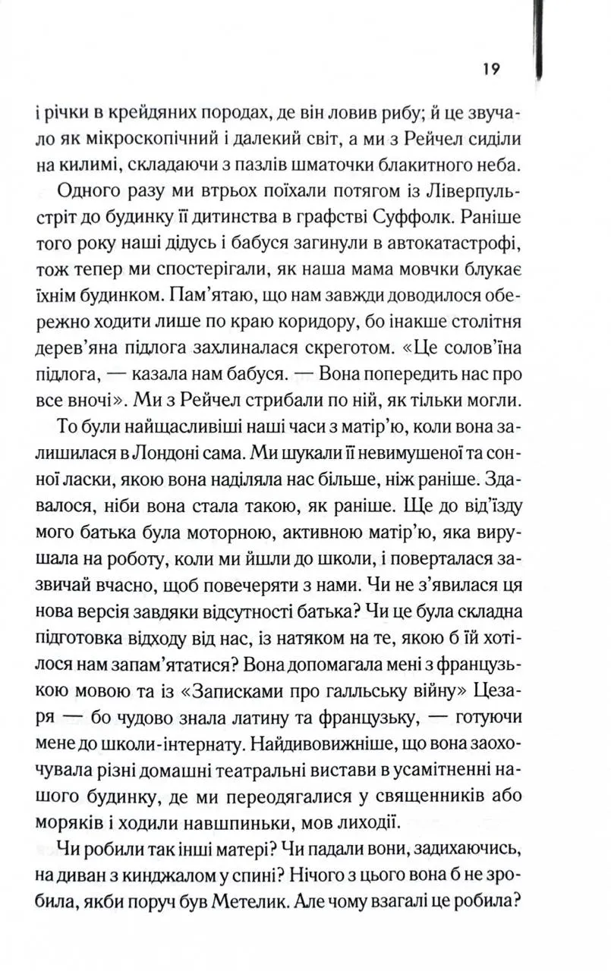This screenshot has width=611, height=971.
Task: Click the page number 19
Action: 489,70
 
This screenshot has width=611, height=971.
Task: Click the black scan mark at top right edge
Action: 540,38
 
